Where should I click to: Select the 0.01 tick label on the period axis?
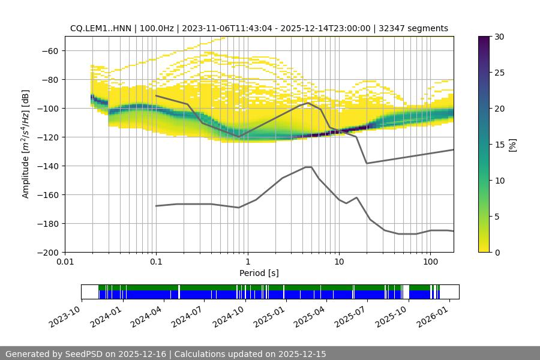tap(65, 262)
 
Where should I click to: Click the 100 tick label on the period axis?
tap(430, 262)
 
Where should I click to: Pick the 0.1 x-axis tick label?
tap(156, 262)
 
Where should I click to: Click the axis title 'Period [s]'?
tap(259, 273)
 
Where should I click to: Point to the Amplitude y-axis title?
tap(25, 144)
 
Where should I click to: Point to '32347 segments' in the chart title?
tap(418, 28)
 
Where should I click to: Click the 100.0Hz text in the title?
tap(158, 28)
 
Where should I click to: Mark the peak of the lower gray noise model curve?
tap(308, 167)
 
